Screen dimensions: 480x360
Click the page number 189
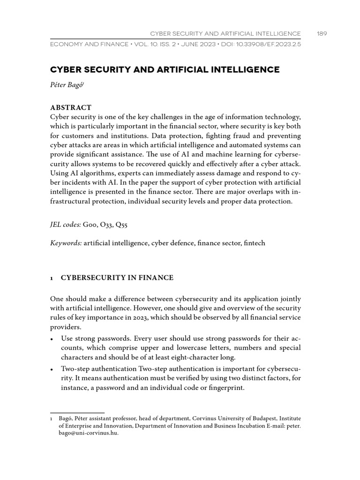pyautogui.click(x=322, y=33)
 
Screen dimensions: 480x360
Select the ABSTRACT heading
pyautogui.click(x=70, y=107)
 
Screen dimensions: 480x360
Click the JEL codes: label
pyautogui.click(x=66, y=225)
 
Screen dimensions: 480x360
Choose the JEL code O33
pyautogui.click(x=105, y=225)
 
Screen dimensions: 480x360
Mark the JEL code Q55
pyautogui.click(x=121, y=225)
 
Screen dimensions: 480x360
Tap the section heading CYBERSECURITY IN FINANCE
pyautogui.click(x=117, y=278)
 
